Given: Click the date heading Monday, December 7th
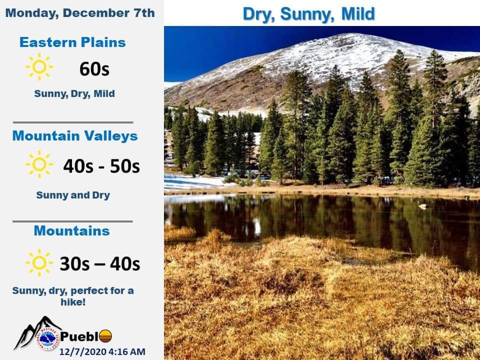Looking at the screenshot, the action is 80,13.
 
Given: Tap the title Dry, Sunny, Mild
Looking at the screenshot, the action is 308,14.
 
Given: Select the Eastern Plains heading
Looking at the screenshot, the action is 72,42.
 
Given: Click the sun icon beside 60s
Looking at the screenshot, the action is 39,66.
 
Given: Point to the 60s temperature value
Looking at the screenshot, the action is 94,69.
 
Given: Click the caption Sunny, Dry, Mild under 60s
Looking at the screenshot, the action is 74,93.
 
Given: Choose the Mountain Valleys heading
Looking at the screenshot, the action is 75,136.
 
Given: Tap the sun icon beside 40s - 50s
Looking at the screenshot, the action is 39,164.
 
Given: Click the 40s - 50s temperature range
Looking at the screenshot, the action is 101,166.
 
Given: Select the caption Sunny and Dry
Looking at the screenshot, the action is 73,195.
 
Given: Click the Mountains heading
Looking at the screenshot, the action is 71,231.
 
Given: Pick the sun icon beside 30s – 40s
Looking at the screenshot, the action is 39,262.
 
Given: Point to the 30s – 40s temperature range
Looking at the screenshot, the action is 100,264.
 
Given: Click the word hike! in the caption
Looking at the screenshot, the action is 73,302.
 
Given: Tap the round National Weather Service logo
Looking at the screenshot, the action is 49,339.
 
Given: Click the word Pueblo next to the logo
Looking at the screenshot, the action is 86,336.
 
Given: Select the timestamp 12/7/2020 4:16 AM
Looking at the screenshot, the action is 102,351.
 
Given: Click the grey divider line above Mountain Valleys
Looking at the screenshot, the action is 73,122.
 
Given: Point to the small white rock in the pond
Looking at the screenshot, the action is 424,206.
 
